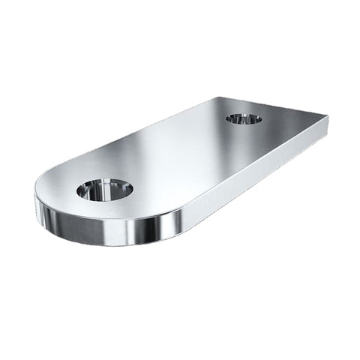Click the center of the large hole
(x=104, y=189)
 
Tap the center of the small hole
(x=244, y=118)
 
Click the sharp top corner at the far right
(x=328, y=117)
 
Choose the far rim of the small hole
(x=244, y=114)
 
